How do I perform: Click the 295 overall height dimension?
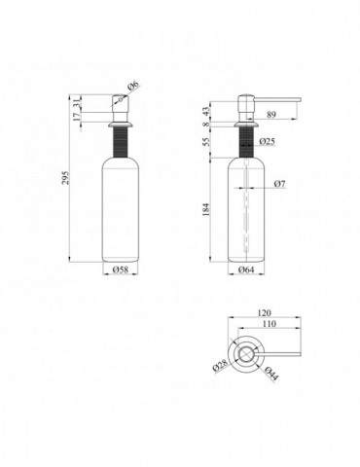click(x=66, y=177)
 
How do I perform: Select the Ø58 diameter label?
click(x=121, y=269)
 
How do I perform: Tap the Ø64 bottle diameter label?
click(x=246, y=269)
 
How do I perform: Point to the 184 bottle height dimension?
click(x=206, y=209)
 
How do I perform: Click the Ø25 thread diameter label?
click(x=268, y=141)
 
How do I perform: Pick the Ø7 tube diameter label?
click(x=279, y=184)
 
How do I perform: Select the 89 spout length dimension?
click(x=271, y=115)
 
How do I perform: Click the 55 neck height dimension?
click(x=206, y=141)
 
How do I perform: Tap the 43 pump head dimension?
click(x=206, y=112)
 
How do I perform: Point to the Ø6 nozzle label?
click(x=133, y=86)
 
